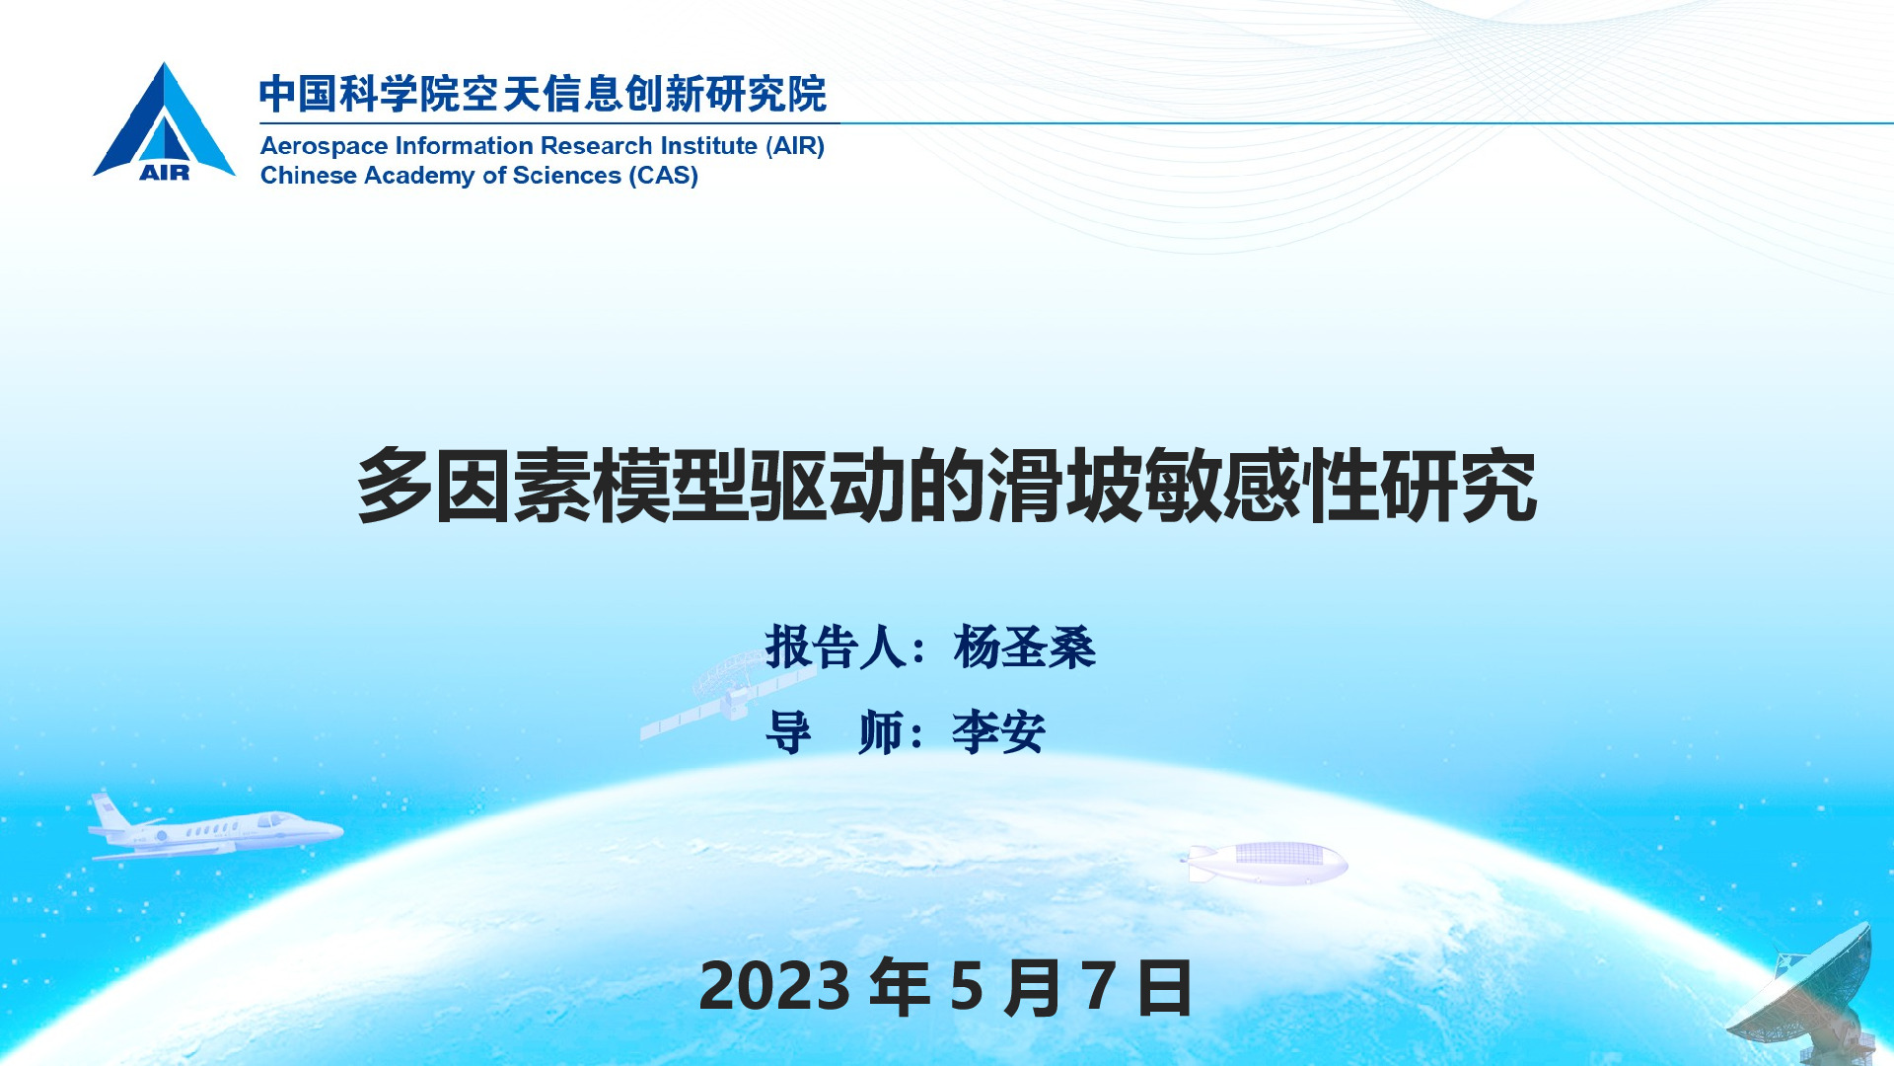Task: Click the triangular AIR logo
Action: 164,122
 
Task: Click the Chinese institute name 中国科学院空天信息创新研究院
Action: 544,95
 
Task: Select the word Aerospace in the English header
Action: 324,147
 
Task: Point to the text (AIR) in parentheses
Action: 795,146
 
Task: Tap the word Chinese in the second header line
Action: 309,176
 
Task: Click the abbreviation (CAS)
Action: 664,176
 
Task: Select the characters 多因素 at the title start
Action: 473,485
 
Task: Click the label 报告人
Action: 836,647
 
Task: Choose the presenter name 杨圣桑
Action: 1025,647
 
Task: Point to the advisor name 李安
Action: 998,732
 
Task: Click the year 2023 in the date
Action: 774,986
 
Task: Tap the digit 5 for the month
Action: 967,986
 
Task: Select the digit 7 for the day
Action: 1099,986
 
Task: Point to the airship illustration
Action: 1266,863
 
